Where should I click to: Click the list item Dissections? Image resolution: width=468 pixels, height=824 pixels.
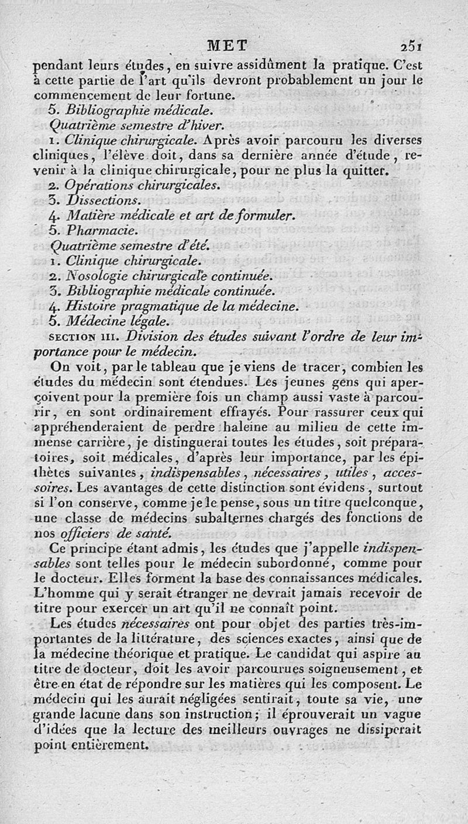(97, 200)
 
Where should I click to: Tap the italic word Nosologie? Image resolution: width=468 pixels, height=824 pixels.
(94, 275)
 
